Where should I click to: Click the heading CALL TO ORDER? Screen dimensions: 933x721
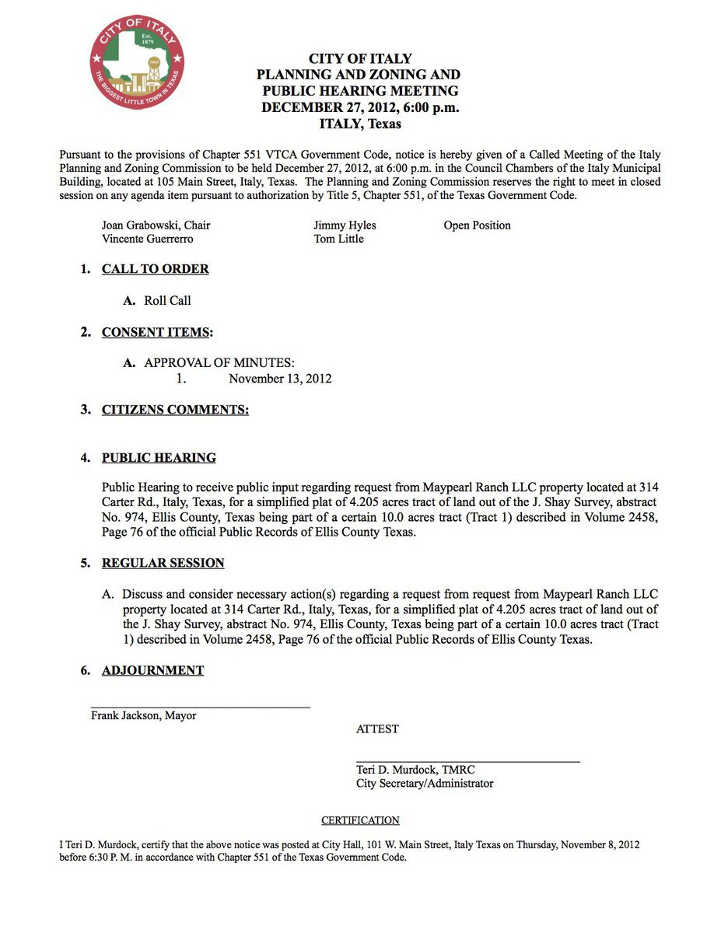[155, 269]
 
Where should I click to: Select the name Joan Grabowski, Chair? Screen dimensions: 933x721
[156, 225]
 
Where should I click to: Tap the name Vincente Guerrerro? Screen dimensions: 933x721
[147, 239]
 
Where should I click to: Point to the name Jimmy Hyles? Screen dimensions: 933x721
[345, 225]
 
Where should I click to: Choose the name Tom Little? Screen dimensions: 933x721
[338, 239]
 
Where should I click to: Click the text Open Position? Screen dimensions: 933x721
[477, 225]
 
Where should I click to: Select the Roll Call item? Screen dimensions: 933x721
[167, 301]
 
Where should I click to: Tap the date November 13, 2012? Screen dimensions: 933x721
[280, 379]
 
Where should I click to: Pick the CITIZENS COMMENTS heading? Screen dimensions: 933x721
[175, 410]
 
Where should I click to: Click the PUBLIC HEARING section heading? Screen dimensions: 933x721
[159, 458]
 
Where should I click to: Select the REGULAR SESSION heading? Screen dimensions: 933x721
[163, 563]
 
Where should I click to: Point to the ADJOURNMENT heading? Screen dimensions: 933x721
[152, 670]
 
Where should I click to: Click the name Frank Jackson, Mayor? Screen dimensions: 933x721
[143, 715]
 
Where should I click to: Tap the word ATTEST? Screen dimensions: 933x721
[377, 729]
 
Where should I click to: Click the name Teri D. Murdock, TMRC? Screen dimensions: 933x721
[415, 770]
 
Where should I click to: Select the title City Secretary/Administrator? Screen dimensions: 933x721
[425, 784]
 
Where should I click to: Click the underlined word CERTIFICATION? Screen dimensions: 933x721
[360, 820]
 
